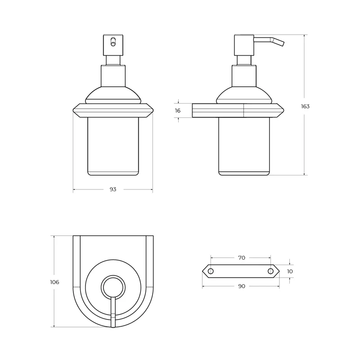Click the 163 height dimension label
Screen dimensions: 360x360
click(x=305, y=106)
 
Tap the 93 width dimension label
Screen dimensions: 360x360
click(x=113, y=189)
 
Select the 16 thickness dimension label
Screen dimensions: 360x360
click(x=178, y=111)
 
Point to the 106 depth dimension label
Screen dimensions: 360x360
click(x=54, y=282)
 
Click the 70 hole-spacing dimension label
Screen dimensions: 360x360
click(x=242, y=258)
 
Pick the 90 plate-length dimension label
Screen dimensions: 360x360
click(x=242, y=286)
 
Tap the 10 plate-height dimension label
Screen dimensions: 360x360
click(x=290, y=271)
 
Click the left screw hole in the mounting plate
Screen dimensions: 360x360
click(x=211, y=271)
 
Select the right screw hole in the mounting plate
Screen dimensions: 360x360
click(x=271, y=271)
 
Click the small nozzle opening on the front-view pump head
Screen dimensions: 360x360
click(x=113, y=42)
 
